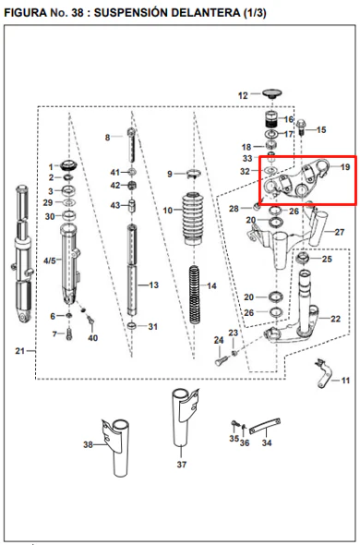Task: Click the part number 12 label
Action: [243, 95]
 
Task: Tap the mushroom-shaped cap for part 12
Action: [271, 94]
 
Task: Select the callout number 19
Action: [345, 167]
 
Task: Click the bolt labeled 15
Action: [301, 127]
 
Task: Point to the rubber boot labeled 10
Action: [195, 218]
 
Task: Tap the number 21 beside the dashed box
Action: [19, 351]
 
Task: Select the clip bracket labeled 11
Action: [324, 374]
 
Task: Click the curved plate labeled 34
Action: [265, 426]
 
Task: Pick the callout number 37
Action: [182, 465]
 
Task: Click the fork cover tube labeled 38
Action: [116, 448]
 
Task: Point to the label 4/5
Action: [49, 260]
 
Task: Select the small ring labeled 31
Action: [132, 326]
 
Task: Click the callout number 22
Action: [335, 319]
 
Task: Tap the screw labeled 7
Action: [69, 334]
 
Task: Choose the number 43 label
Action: [115, 205]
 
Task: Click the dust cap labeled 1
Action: [69, 164]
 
